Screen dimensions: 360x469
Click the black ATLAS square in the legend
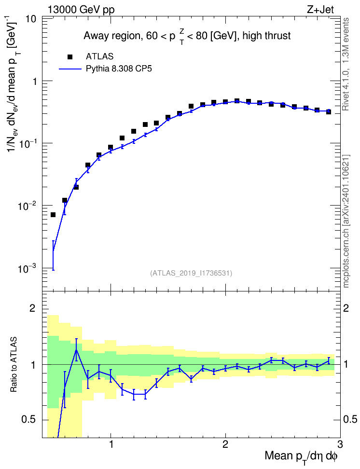70,56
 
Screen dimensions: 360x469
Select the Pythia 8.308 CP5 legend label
119,69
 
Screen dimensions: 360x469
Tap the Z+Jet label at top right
320,10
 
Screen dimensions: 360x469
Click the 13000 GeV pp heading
81,10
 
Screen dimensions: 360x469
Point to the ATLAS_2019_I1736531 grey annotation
191,273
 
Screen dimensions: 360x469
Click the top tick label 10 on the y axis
29,19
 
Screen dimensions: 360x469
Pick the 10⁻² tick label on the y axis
27,205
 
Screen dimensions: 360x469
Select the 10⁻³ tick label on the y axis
27,268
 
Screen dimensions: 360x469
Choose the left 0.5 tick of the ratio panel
29,420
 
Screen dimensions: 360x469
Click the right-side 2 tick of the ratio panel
346,308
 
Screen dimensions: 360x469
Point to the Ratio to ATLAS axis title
14,364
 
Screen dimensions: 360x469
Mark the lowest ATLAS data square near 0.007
53,215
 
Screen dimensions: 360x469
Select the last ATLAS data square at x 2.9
329,111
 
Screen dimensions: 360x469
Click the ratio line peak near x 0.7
76,349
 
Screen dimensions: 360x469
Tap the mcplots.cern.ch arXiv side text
346,221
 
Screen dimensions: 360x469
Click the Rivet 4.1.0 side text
346,64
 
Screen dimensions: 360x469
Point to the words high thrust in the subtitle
267,36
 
